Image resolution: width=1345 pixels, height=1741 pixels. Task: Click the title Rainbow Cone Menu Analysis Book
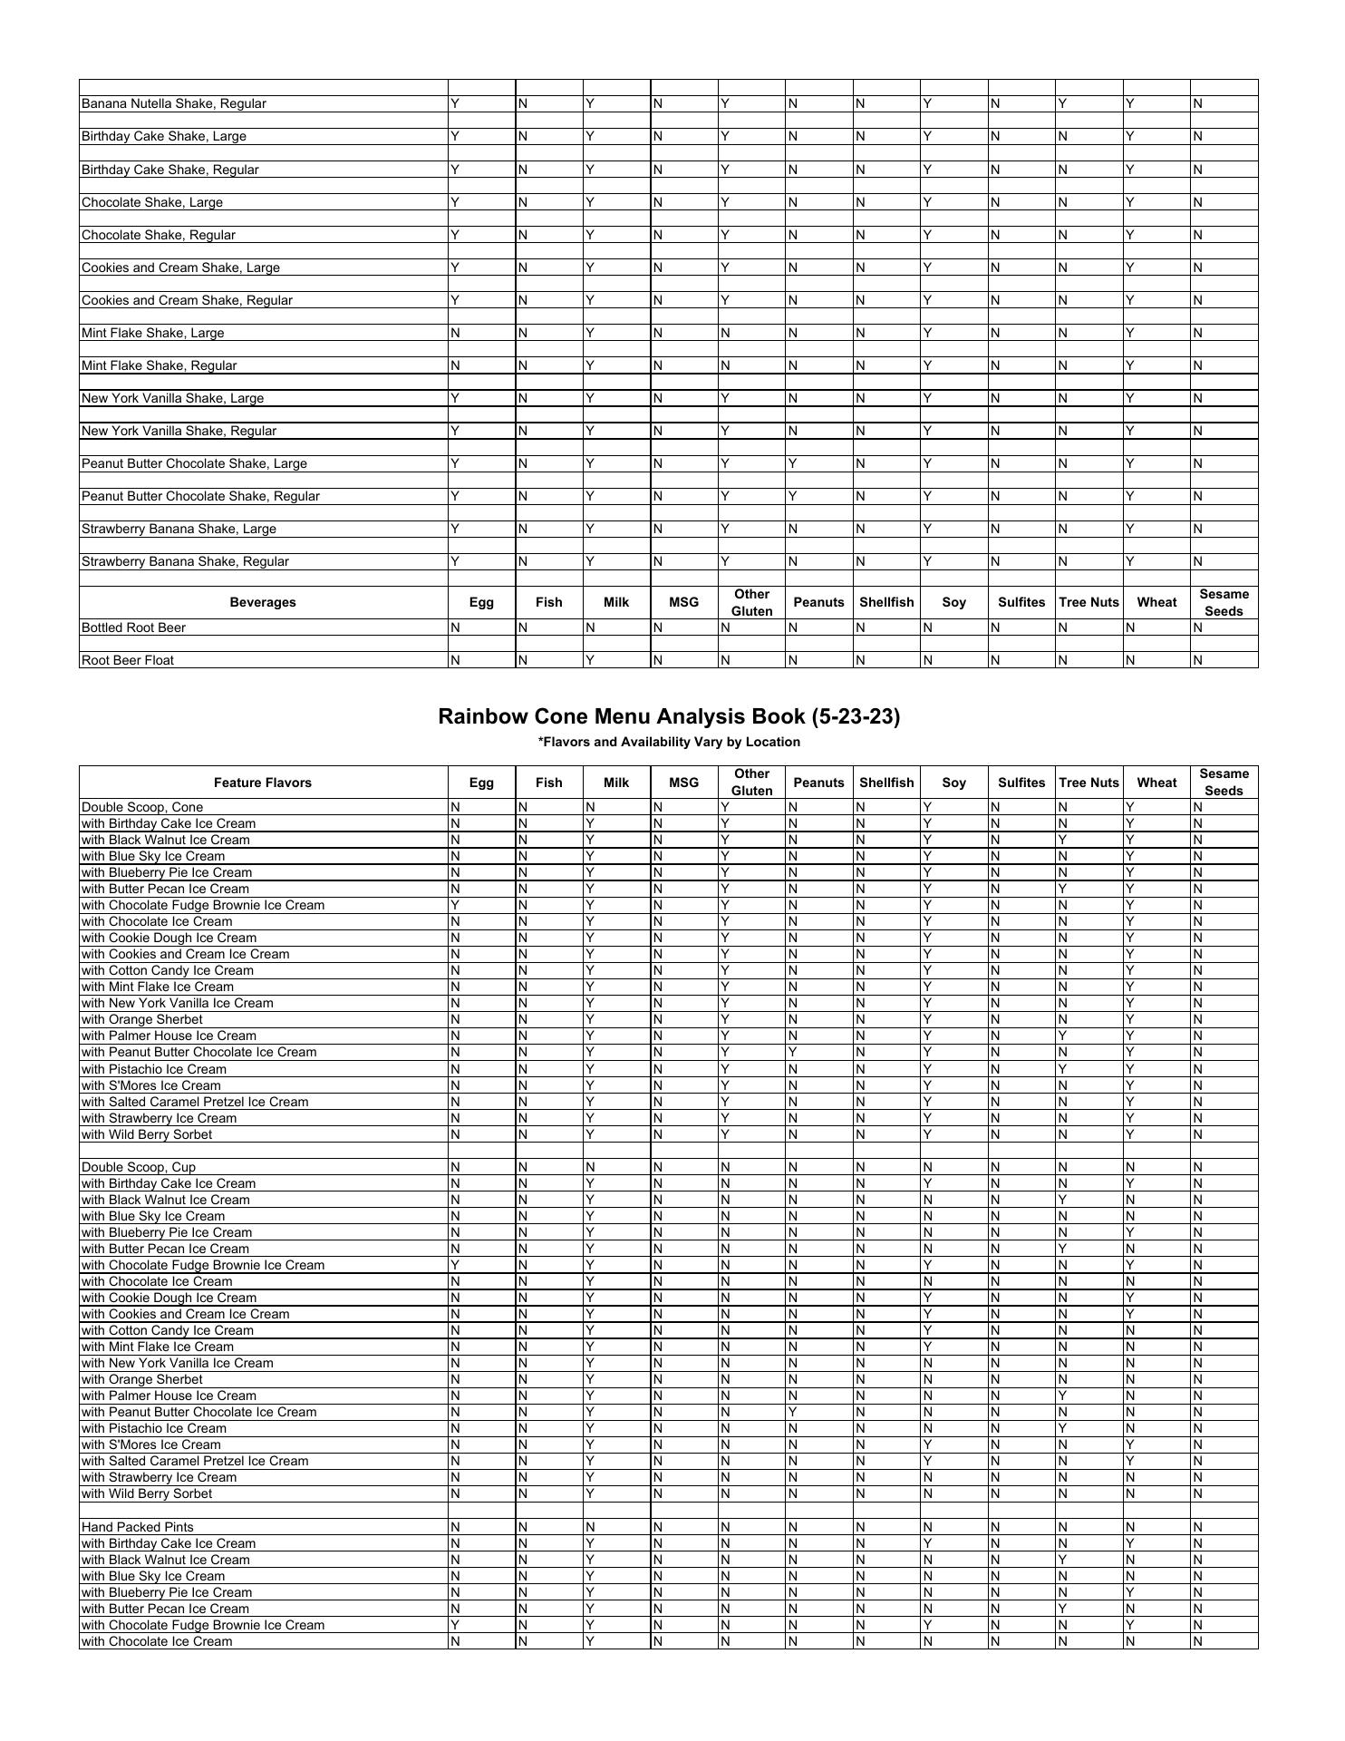pyautogui.click(x=669, y=716)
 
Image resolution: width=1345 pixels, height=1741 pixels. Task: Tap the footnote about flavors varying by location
pyautogui.click(x=669, y=742)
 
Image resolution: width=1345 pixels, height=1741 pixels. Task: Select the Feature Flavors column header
pyautogui.click(x=263, y=783)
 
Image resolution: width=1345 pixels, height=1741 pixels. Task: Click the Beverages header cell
pyautogui.click(x=263, y=602)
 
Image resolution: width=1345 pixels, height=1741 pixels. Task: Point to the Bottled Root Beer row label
pyautogui.click(x=134, y=627)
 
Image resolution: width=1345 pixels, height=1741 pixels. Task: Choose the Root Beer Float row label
pyautogui.click(x=128, y=660)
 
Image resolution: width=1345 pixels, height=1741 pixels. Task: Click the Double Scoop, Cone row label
pyautogui.click(x=142, y=807)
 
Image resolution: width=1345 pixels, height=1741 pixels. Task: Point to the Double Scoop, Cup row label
pyautogui.click(x=139, y=1167)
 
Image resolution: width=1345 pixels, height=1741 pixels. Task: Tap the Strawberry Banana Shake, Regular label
pyautogui.click(x=186, y=561)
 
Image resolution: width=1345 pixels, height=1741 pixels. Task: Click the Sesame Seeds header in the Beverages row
pyautogui.click(x=1224, y=602)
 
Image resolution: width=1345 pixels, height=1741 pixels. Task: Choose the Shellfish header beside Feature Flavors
pyautogui.click(x=885, y=783)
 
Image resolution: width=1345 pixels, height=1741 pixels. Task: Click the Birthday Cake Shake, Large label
pyautogui.click(x=164, y=136)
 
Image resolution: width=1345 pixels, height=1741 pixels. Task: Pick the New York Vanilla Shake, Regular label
pyautogui.click(x=179, y=431)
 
